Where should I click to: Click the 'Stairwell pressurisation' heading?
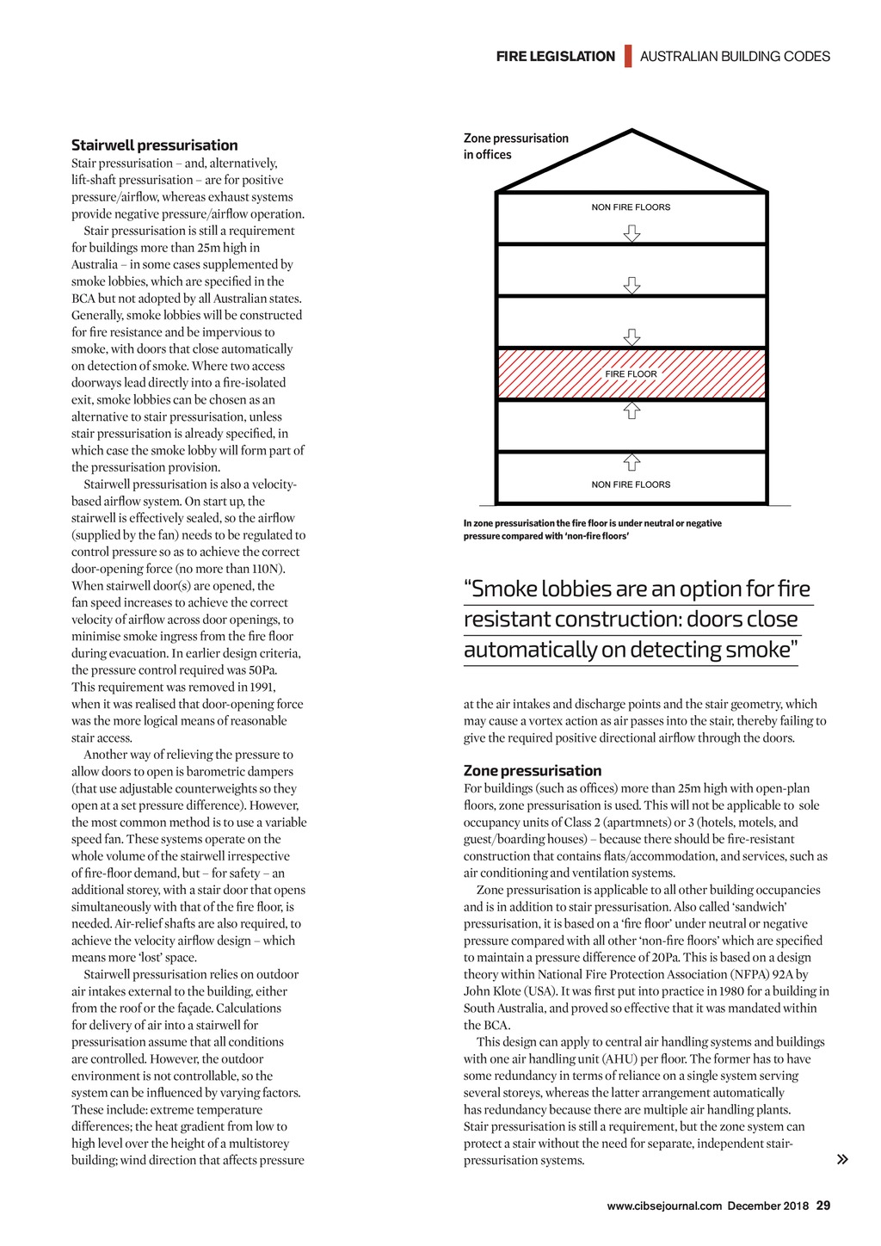point(155,145)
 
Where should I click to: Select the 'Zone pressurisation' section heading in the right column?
point(533,771)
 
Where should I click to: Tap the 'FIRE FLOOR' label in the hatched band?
point(631,374)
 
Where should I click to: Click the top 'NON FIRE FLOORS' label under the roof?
point(631,207)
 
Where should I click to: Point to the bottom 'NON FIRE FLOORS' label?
point(631,484)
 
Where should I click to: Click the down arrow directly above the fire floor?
point(632,336)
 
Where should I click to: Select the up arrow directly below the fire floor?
point(632,410)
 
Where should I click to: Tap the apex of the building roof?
point(632,132)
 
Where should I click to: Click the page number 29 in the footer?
point(823,1206)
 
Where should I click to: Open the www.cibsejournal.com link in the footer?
point(664,1206)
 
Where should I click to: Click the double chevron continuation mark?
point(842,1159)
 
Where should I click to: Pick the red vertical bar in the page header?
point(628,56)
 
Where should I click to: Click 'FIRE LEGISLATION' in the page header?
point(556,57)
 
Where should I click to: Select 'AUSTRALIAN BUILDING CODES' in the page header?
point(735,57)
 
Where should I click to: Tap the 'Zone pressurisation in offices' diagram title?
point(516,146)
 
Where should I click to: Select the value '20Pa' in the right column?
point(661,958)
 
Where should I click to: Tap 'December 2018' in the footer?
point(767,1206)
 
